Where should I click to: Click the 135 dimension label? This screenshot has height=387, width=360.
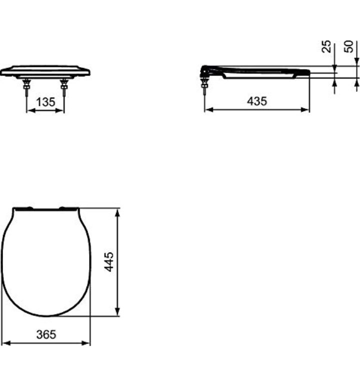click(x=45, y=102)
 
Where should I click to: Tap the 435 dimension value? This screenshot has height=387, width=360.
click(x=257, y=101)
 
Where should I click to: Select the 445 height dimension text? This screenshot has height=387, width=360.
click(x=109, y=262)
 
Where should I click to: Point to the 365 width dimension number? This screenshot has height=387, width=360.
click(x=46, y=334)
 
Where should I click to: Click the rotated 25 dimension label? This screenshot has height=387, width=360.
click(x=326, y=46)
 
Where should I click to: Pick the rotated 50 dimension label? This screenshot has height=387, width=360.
click(x=348, y=46)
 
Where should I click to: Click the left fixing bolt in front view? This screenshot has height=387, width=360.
click(x=26, y=87)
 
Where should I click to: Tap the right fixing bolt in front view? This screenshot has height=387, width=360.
click(x=64, y=87)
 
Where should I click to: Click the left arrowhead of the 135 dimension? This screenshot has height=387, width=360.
click(x=30, y=110)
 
